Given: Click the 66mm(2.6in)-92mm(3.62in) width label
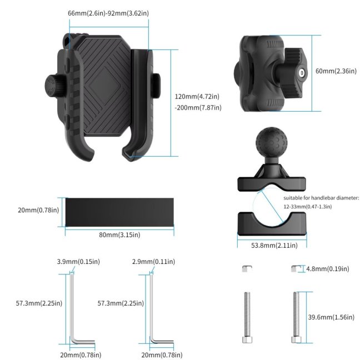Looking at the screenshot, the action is point(108,13).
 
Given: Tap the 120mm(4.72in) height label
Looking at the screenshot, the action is point(197,97).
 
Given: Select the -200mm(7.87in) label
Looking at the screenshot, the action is point(198,107).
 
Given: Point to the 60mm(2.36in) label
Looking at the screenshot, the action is point(336,71).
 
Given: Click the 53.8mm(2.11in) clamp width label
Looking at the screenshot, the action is point(274,246).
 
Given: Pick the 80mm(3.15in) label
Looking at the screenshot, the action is point(119,234).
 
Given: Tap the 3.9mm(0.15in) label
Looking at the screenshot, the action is point(78,262).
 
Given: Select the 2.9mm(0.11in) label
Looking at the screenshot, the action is point(153,262).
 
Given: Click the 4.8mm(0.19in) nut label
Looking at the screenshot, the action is point(328,269).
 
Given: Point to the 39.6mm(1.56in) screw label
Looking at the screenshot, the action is point(331,317).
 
